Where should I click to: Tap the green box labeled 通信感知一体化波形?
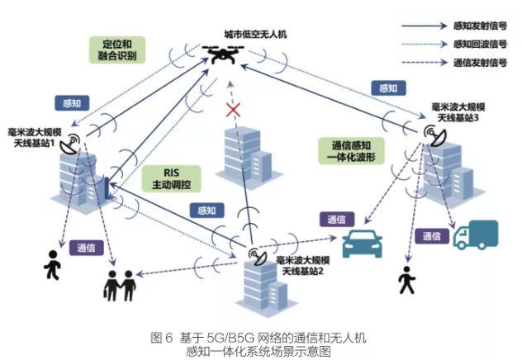click(x=346, y=149)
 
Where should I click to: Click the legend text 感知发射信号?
click(x=480, y=26)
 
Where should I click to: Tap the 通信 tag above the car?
click(x=335, y=219)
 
